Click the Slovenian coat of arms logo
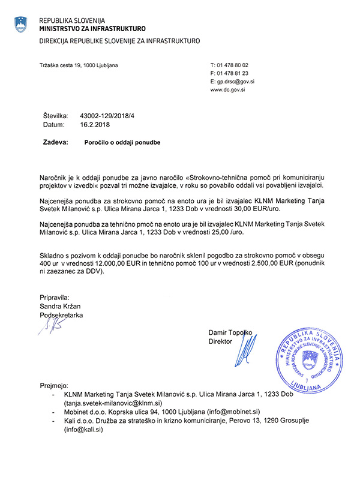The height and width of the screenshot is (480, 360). click(x=21, y=24)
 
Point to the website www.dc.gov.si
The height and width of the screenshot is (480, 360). click(x=227, y=89)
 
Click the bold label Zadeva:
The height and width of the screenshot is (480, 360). click(x=56, y=143)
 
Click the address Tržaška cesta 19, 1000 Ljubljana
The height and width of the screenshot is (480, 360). click(x=79, y=64)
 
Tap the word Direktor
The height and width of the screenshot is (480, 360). click(x=220, y=341)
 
